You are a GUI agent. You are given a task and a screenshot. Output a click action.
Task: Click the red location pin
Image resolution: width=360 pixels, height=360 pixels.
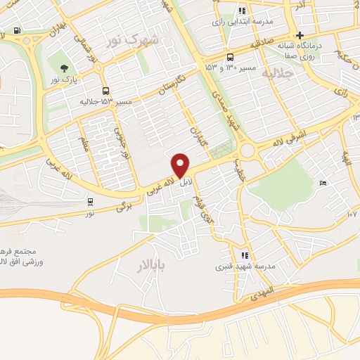pos(181,165)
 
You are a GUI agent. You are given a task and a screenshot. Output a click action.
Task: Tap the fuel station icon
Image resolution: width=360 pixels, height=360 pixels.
pos(17,31)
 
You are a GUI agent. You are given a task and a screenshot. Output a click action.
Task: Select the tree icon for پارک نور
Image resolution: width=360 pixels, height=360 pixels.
pos(65,69)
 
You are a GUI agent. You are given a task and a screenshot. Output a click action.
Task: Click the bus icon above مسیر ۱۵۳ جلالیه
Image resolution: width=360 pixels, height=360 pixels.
pos(105,91)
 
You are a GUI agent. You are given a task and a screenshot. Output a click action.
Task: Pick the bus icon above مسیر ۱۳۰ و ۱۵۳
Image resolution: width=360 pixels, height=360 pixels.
pos(231,58)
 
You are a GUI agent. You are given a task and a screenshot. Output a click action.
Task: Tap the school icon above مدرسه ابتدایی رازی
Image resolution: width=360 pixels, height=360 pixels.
pos(243,11)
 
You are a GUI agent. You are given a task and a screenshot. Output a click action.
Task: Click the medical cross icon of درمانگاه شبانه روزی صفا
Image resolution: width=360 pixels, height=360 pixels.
pos(300,36)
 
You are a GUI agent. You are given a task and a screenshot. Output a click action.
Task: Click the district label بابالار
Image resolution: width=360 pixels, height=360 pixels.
pos(151,264)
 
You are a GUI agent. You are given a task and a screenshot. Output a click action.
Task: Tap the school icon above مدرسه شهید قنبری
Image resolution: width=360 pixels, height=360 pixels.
pos(244,256)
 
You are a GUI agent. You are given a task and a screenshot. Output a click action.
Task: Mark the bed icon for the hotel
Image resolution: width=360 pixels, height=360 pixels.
pos(323,184)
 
